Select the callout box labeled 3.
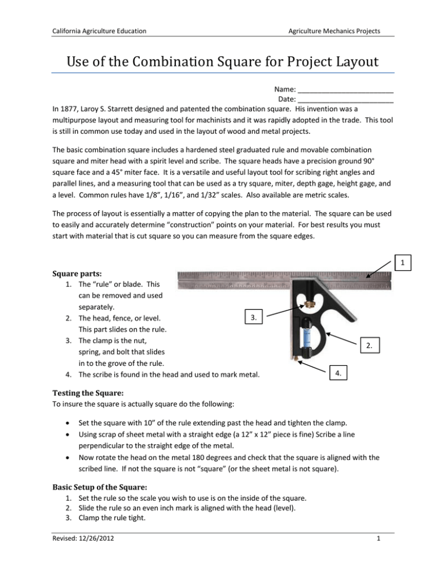coord(252,317)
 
